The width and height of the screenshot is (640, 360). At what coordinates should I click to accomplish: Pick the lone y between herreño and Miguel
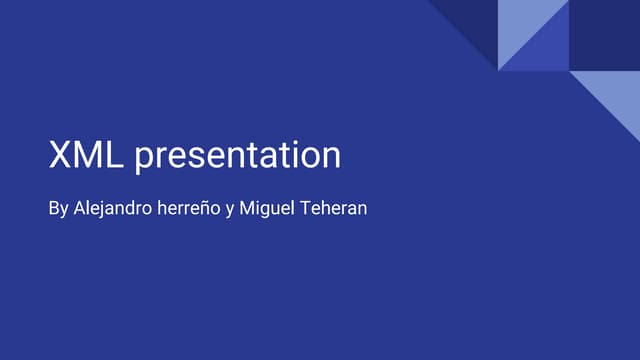230,213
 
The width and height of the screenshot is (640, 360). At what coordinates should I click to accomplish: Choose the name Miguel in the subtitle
264,211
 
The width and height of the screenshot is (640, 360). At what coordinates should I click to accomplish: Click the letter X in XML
61,155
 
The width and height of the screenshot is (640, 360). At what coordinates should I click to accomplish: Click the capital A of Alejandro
81,211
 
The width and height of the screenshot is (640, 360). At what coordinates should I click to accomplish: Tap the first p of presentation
144,159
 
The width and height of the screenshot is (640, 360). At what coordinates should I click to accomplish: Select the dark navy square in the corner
604,35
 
